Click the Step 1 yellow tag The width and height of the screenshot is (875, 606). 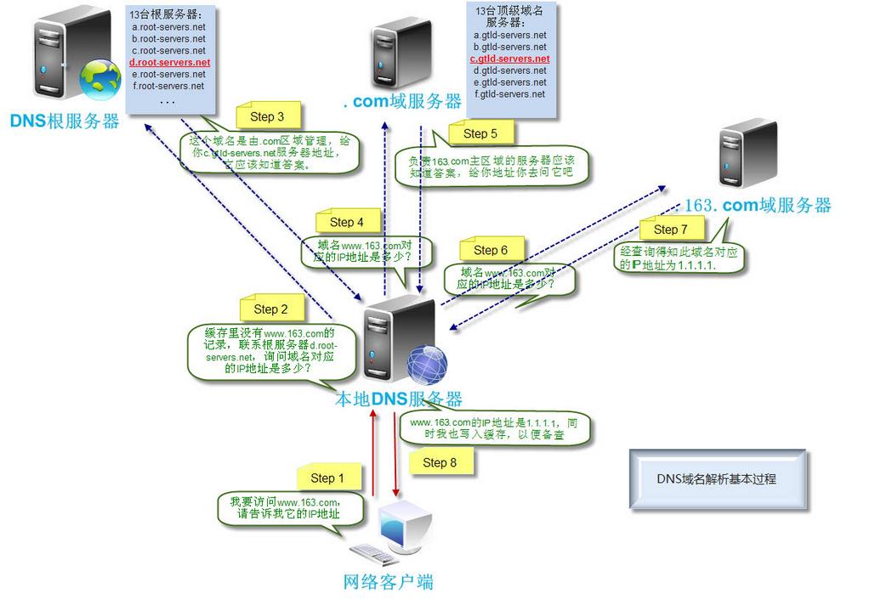(x=327, y=479)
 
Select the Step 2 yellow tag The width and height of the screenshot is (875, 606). (x=271, y=309)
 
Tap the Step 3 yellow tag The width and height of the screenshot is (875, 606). (x=267, y=117)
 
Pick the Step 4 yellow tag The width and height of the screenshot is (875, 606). (x=346, y=222)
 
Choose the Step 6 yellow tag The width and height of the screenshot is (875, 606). (x=491, y=250)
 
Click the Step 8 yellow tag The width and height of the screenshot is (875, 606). (x=440, y=462)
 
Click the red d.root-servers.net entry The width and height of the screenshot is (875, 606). (x=169, y=63)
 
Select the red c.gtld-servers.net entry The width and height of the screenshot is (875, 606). (x=509, y=59)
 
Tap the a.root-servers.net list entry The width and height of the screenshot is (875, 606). (x=168, y=27)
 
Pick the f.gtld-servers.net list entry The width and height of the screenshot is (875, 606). (x=509, y=94)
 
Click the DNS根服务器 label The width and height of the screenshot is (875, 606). (x=65, y=122)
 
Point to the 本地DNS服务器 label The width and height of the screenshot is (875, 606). (x=399, y=399)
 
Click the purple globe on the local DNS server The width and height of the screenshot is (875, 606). (x=426, y=366)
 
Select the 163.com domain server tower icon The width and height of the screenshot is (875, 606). (x=747, y=153)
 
